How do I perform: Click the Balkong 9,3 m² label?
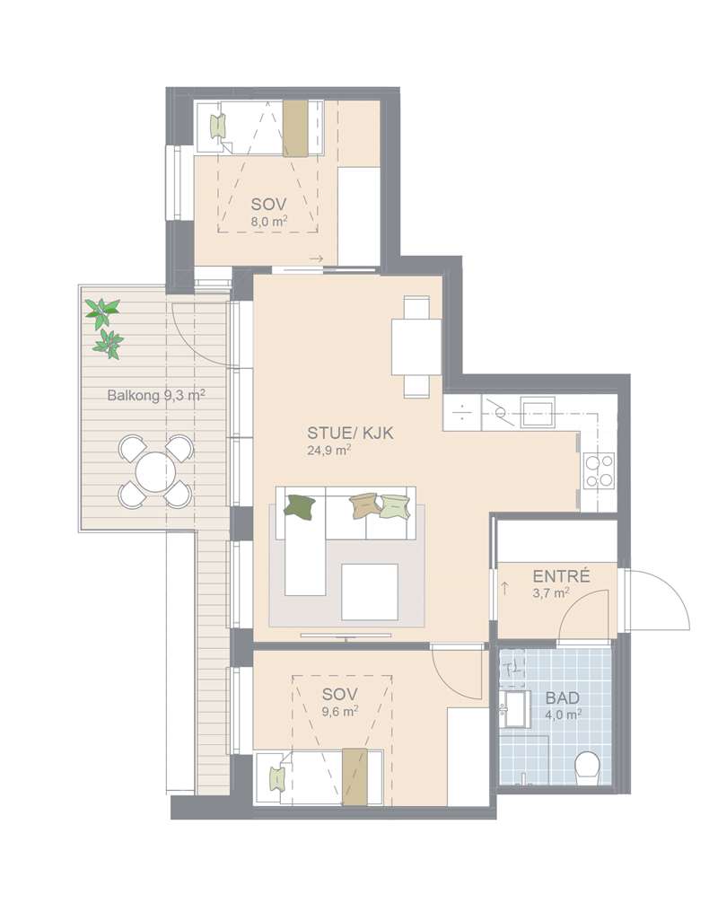(x=156, y=396)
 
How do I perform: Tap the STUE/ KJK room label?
(x=350, y=433)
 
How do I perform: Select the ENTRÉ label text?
(x=561, y=576)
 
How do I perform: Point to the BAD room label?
(x=563, y=698)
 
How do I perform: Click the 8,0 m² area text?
(x=269, y=221)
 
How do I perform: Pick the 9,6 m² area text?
(x=339, y=710)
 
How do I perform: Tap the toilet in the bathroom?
(x=586, y=767)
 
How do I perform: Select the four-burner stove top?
(x=599, y=470)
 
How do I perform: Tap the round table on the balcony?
(x=155, y=471)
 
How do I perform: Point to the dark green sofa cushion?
(x=300, y=504)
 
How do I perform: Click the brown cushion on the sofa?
(x=364, y=506)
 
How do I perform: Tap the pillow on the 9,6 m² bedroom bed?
(x=276, y=778)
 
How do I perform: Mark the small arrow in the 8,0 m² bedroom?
(x=316, y=259)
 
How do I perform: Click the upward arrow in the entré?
(x=504, y=588)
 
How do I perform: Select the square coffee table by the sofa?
(x=370, y=592)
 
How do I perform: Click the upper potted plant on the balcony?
(x=103, y=311)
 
